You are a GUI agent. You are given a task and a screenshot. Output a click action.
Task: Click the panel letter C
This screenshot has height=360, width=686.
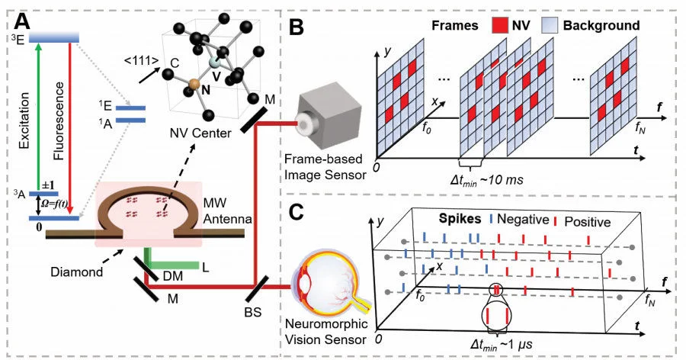tap(296, 211)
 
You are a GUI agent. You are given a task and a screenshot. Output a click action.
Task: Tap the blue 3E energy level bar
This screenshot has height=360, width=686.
tap(54, 35)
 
